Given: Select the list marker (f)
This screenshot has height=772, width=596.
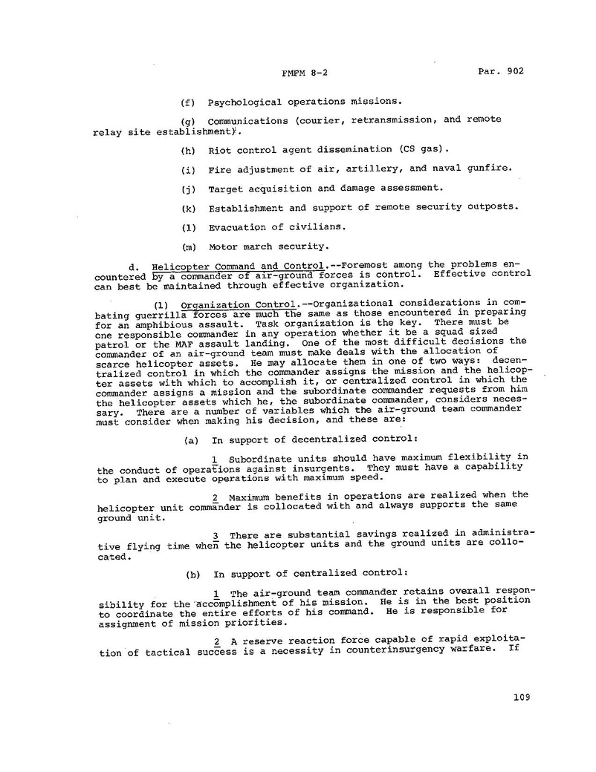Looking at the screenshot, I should [188, 102].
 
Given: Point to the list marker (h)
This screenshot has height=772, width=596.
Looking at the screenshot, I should [188, 150].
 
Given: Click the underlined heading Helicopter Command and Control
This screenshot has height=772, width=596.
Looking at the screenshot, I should [237, 265].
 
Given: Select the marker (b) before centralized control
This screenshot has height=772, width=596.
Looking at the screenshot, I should [191, 573].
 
